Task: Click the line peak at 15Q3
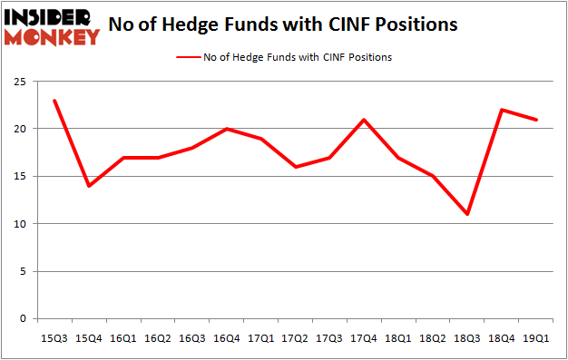tap(55, 101)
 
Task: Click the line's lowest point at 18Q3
tap(468, 214)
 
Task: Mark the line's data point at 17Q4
tap(365, 120)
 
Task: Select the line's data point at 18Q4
tap(503, 110)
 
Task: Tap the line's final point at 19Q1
tap(537, 120)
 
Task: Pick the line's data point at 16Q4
tap(227, 129)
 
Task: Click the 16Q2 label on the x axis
tap(158, 337)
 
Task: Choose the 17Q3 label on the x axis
tap(330, 337)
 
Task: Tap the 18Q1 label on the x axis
tap(399, 337)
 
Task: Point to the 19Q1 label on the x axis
tap(537, 337)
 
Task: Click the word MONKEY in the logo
tap(53, 37)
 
